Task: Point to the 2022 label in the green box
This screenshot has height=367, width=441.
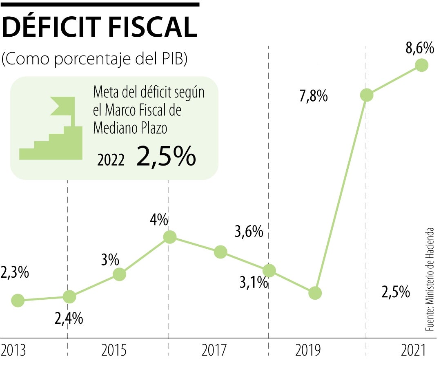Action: click(x=111, y=160)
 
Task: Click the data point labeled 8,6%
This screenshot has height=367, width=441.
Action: click(x=421, y=65)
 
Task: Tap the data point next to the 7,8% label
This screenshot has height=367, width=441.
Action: click(x=366, y=95)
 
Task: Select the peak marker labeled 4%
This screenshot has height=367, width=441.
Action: click(x=169, y=237)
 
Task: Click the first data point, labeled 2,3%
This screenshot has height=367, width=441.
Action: click(x=18, y=301)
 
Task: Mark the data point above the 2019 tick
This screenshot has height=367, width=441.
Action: click(x=315, y=292)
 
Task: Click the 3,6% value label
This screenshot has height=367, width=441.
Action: click(x=248, y=232)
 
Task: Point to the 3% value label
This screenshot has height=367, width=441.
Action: click(x=110, y=259)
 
